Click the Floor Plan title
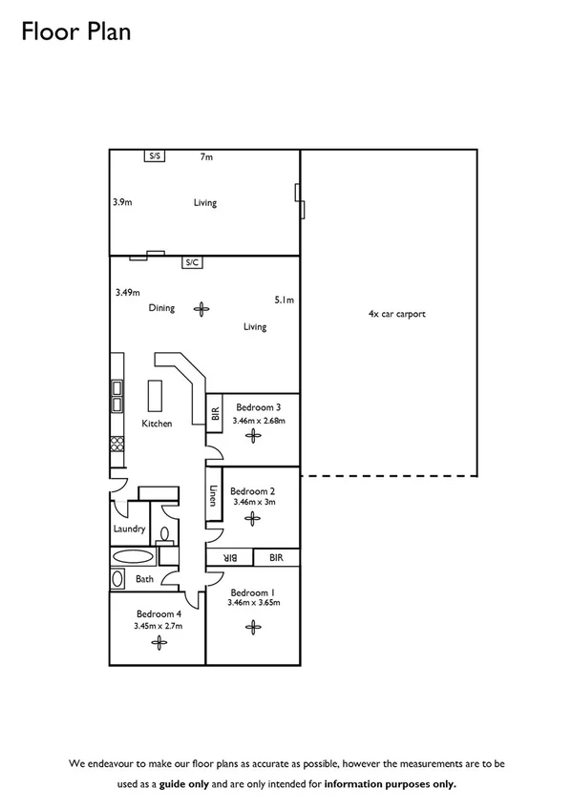75,32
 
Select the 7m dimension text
205,156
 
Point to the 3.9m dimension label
122,202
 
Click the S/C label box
192,262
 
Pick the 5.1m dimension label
284,300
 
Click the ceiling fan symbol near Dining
201,308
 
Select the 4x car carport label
396,313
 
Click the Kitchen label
157,424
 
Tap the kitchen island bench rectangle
155,394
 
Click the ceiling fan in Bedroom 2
252,518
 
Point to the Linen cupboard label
213,497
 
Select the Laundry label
129,529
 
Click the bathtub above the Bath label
132,557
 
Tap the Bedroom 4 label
158,613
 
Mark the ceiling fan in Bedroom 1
253,626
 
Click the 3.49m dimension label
127,293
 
